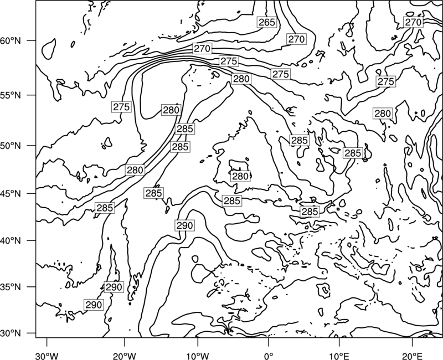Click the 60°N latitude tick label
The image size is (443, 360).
pos(11,41)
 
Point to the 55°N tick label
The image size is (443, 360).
pos(11,95)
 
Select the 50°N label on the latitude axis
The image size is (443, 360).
pos(11,146)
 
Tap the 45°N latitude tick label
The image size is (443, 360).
pos(11,194)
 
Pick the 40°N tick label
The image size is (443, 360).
pos(11,241)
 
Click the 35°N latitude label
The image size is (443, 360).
pos(11,287)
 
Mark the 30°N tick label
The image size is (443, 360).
pos(11,333)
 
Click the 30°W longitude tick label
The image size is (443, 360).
pos(47,356)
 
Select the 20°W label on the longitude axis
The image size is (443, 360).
pos(124,356)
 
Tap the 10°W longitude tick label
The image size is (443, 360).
pos(198,356)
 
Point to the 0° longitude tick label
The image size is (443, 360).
pos(269,356)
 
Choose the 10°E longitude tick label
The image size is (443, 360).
pos(339,356)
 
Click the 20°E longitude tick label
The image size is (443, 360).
pos(413,356)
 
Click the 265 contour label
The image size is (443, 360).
pos(267,22)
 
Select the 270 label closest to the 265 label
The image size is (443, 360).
pos(296,39)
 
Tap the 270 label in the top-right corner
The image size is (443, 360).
pos(413,22)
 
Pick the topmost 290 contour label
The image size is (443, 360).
pos(184,225)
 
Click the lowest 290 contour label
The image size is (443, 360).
pos(94,305)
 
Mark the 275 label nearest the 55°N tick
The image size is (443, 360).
pos(121,107)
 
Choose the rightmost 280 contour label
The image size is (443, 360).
pos(383,114)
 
